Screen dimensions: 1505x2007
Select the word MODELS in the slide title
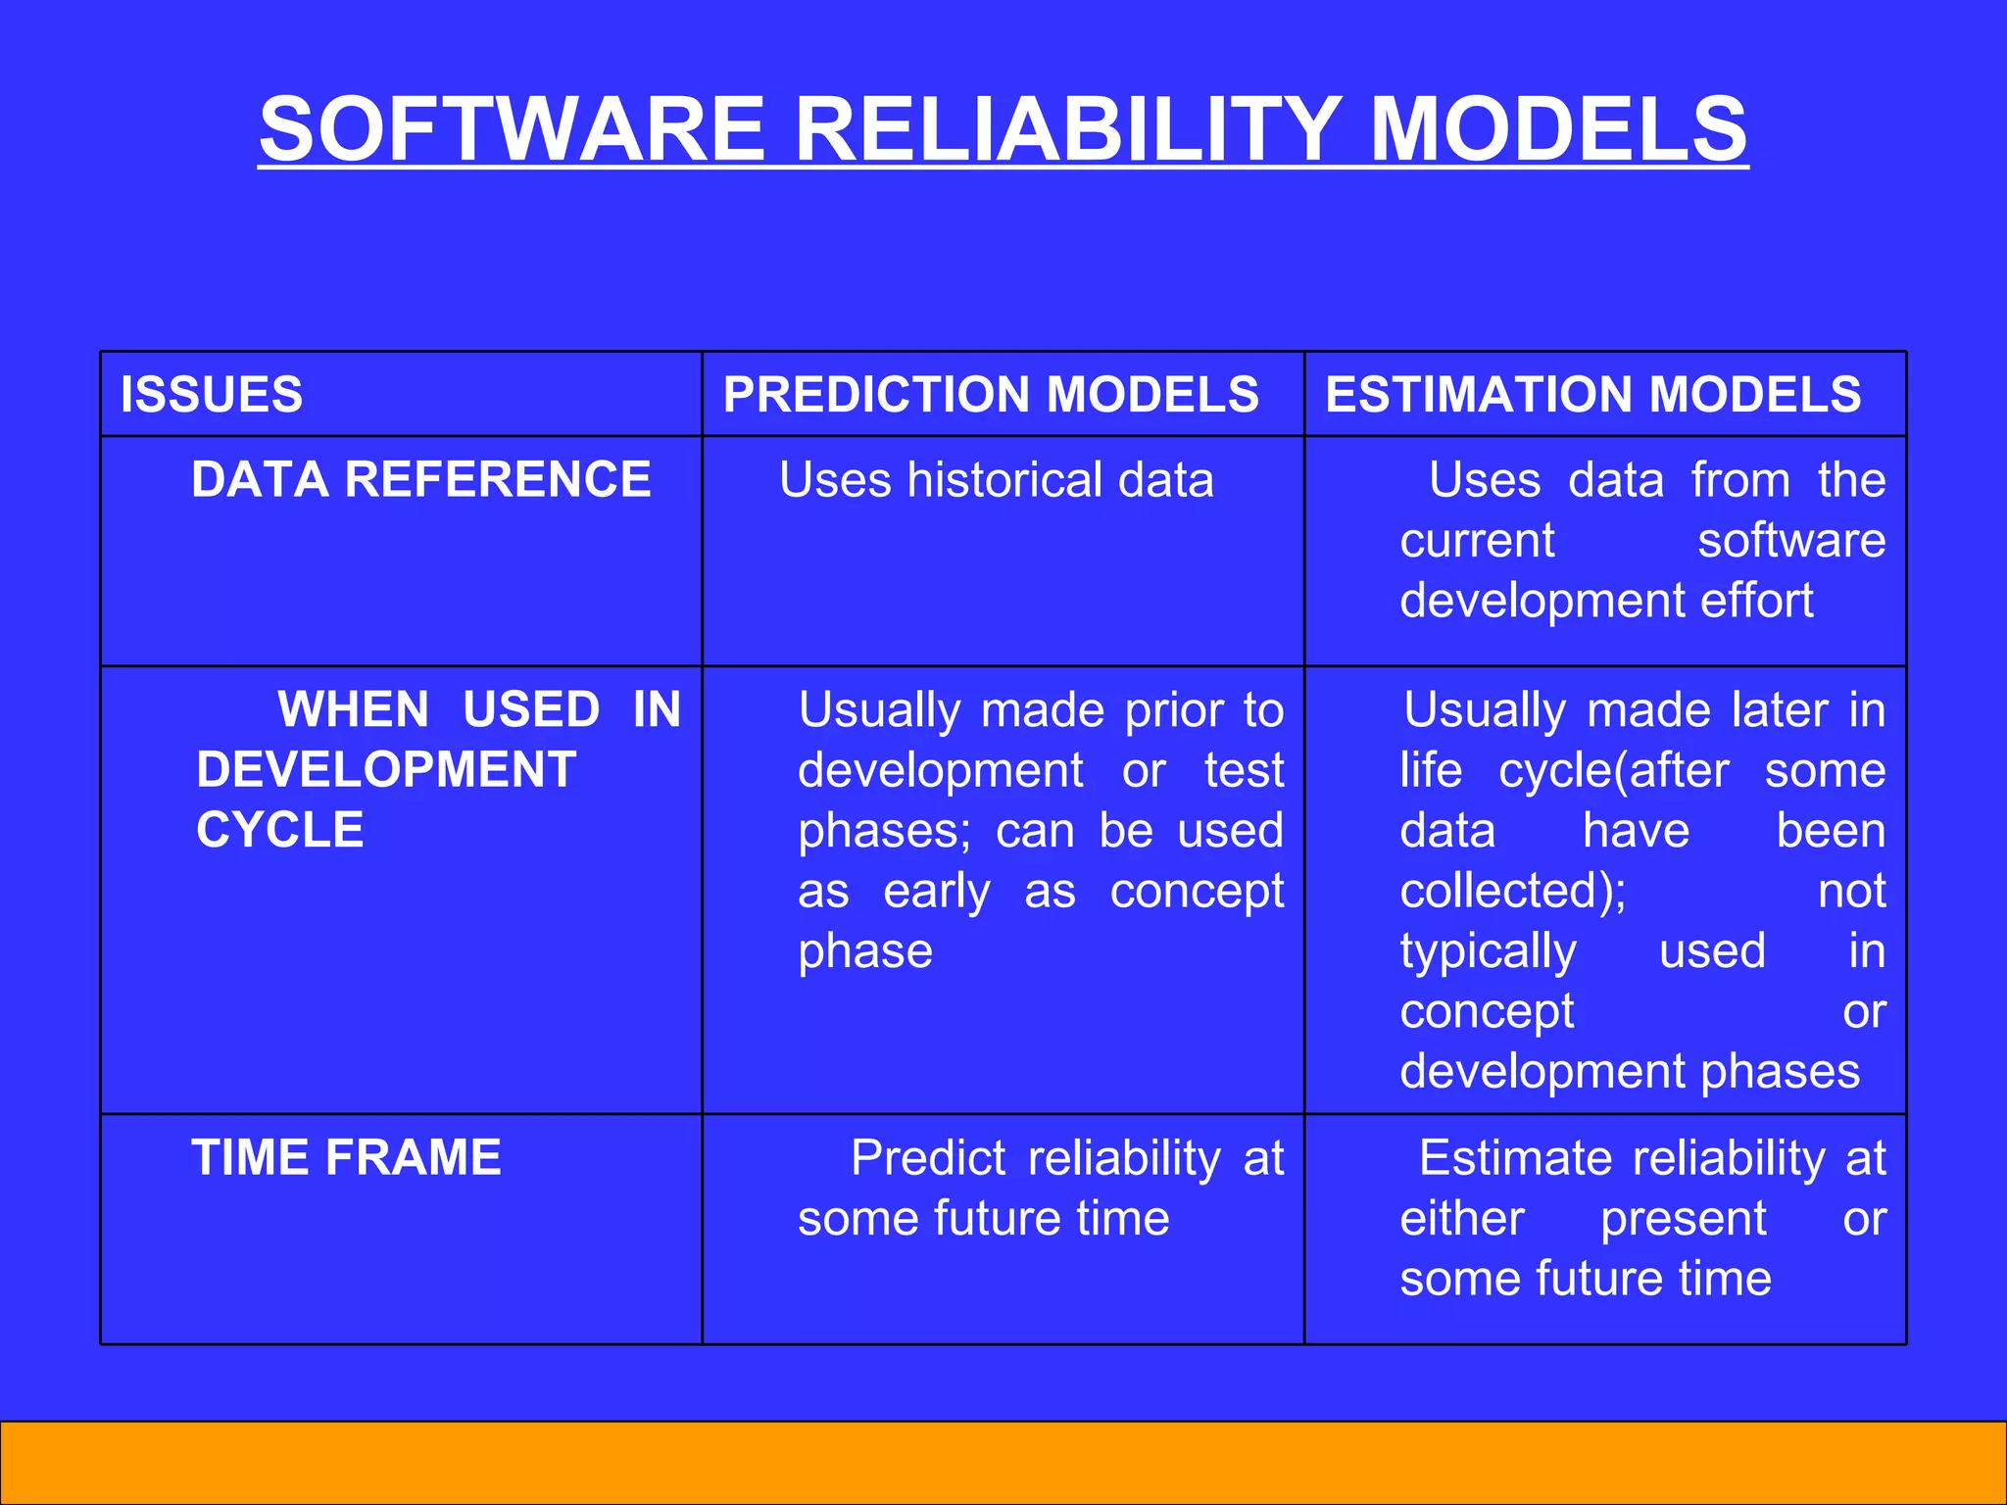(1558, 129)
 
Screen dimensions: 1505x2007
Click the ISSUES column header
(212, 395)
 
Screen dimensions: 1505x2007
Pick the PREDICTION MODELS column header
(991, 395)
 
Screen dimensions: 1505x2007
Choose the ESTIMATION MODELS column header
(1592, 395)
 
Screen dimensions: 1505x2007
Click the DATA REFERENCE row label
(421, 480)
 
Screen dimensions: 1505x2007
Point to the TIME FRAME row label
(346, 1157)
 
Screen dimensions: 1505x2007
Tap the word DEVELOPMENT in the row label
(386, 770)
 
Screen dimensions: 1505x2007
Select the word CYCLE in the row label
(280, 830)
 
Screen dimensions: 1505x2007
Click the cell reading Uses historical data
(997, 480)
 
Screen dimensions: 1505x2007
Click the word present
(1684, 1219)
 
